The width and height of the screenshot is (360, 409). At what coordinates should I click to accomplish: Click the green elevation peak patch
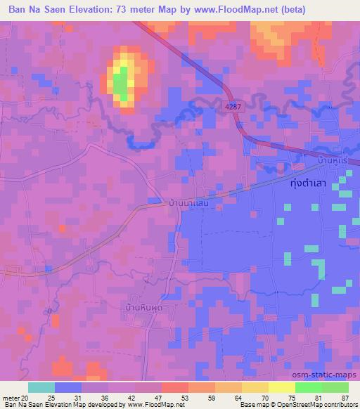pyautogui.click(x=121, y=84)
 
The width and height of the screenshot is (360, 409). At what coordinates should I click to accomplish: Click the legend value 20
pyautogui.click(x=27, y=397)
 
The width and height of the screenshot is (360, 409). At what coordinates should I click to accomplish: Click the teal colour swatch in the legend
pyautogui.click(x=41, y=387)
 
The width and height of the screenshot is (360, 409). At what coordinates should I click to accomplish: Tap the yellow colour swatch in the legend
pyautogui.click(x=281, y=387)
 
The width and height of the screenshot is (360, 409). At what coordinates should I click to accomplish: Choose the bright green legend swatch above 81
pyautogui.click(x=309, y=387)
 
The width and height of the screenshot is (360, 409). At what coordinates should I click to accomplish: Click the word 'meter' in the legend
pyautogui.click(x=11, y=397)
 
